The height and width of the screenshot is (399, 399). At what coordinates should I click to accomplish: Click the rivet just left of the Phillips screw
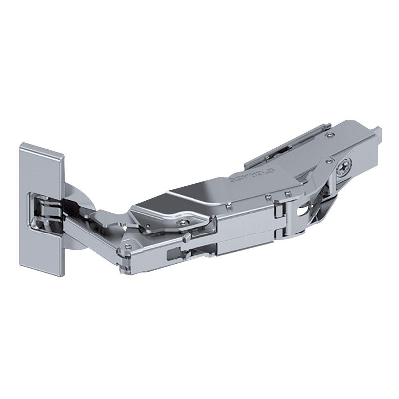pos(328,162)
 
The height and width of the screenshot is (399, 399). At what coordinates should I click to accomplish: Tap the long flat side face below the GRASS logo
pos(243,231)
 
